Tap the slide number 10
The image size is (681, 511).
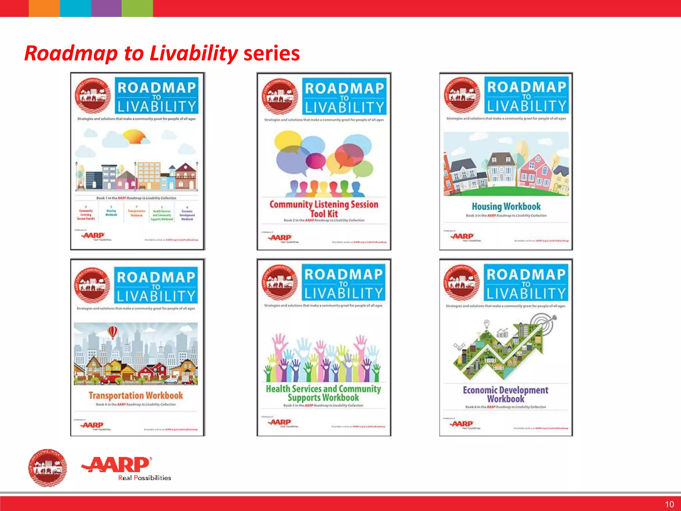pos(669,504)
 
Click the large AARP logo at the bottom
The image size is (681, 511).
pos(116,465)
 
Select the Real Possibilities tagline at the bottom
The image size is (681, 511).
pos(144,478)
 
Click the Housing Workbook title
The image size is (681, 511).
pos(506,207)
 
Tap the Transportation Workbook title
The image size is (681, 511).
pos(136,396)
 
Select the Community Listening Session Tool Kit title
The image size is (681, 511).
pos(324,209)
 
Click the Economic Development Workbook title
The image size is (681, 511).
pos(505,394)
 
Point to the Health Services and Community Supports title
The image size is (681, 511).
pos(323,393)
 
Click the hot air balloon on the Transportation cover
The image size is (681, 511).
pos(113,332)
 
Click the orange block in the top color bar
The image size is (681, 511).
pos(44,8)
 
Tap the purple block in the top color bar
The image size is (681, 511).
pos(106,8)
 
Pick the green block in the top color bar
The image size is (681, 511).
pos(137,8)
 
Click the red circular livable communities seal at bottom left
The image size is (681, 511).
pos(47,467)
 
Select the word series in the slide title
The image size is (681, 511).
pos(271,53)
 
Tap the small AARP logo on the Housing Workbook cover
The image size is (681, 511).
pos(462,236)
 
